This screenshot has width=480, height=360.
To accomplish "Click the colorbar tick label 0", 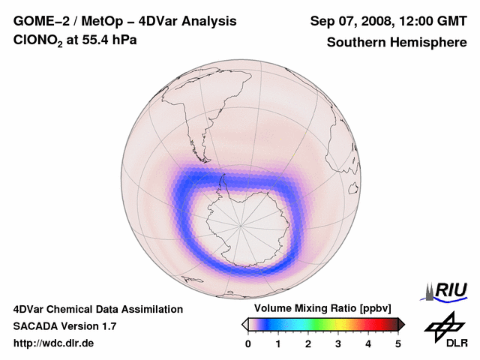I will point(248,343).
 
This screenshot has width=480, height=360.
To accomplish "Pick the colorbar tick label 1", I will point(278,343).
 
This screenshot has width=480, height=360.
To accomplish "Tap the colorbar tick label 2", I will point(308,343).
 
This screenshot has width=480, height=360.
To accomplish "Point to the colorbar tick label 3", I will point(338,343).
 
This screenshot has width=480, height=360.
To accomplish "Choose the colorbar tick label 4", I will point(368,343).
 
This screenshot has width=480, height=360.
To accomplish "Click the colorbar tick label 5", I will point(398,343).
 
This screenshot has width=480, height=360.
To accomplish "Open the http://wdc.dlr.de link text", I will point(54,343).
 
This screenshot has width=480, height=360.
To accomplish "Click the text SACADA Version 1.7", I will point(64,326).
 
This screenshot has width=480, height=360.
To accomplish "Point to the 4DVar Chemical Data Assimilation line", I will point(97,309).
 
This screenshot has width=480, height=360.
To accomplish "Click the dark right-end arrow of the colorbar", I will point(401,323).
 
